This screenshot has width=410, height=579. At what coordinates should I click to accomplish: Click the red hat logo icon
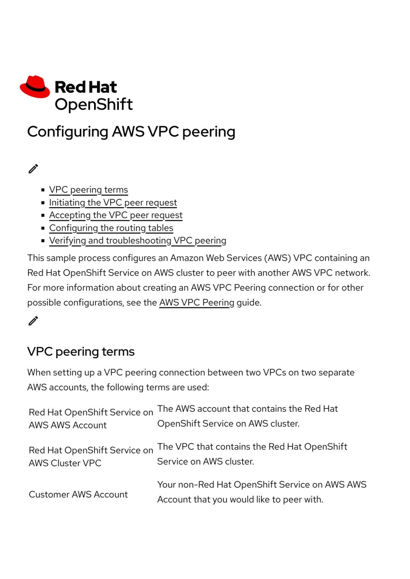coord(35,87)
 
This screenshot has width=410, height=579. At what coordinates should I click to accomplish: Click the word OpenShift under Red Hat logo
coord(94,104)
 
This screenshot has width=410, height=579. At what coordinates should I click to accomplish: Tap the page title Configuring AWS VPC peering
coord(131,132)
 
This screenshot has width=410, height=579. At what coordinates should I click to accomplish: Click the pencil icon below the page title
coord(33,169)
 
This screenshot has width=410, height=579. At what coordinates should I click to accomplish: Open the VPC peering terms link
coord(88,190)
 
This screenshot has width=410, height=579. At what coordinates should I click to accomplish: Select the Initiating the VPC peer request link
coord(113,203)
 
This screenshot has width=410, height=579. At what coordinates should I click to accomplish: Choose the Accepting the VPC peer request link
coord(116,215)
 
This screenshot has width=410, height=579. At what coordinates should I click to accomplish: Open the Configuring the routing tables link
coord(111,228)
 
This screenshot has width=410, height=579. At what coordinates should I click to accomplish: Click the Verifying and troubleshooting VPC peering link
coord(138,241)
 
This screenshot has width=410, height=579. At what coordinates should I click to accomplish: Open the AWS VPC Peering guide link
coord(197,303)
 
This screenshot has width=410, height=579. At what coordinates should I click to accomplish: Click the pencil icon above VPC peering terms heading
coord(33,321)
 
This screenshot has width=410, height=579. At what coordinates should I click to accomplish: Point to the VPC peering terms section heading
coord(81,352)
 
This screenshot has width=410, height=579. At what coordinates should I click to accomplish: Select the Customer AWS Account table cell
coord(78,494)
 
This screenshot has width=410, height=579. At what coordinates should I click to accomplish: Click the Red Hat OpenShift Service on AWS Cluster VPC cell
coord(91,457)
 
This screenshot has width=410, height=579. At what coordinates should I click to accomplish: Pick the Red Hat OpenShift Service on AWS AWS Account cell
coord(91,419)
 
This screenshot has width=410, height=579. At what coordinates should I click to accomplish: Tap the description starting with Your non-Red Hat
coord(262,492)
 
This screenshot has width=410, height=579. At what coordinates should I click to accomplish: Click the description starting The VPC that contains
coord(252,454)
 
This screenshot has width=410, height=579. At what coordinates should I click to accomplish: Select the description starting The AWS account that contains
coord(247,416)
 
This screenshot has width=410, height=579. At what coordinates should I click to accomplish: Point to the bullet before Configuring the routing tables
coord(43,228)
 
